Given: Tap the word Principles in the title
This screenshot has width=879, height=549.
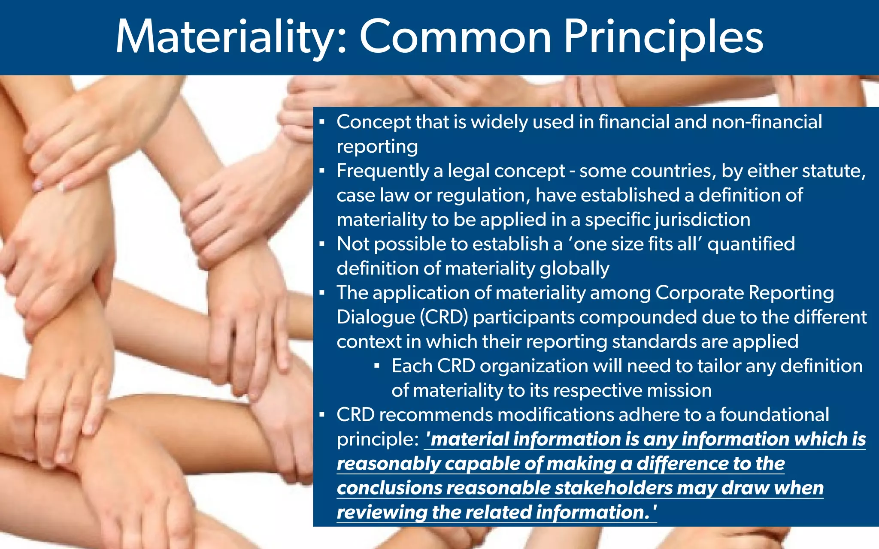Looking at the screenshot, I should click(x=663, y=38).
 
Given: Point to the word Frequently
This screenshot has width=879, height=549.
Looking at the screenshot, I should click(x=382, y=171).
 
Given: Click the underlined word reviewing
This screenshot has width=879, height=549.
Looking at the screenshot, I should click(x=382, y=513).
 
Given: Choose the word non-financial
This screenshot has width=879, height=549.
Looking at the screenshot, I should click(x=767, y=122).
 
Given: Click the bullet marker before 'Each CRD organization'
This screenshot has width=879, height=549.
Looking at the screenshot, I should click(x=377, y=366).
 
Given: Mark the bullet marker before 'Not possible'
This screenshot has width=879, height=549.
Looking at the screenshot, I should click(x=322, y=244).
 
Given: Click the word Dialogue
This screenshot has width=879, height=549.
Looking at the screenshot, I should click(x=376, y=317).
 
